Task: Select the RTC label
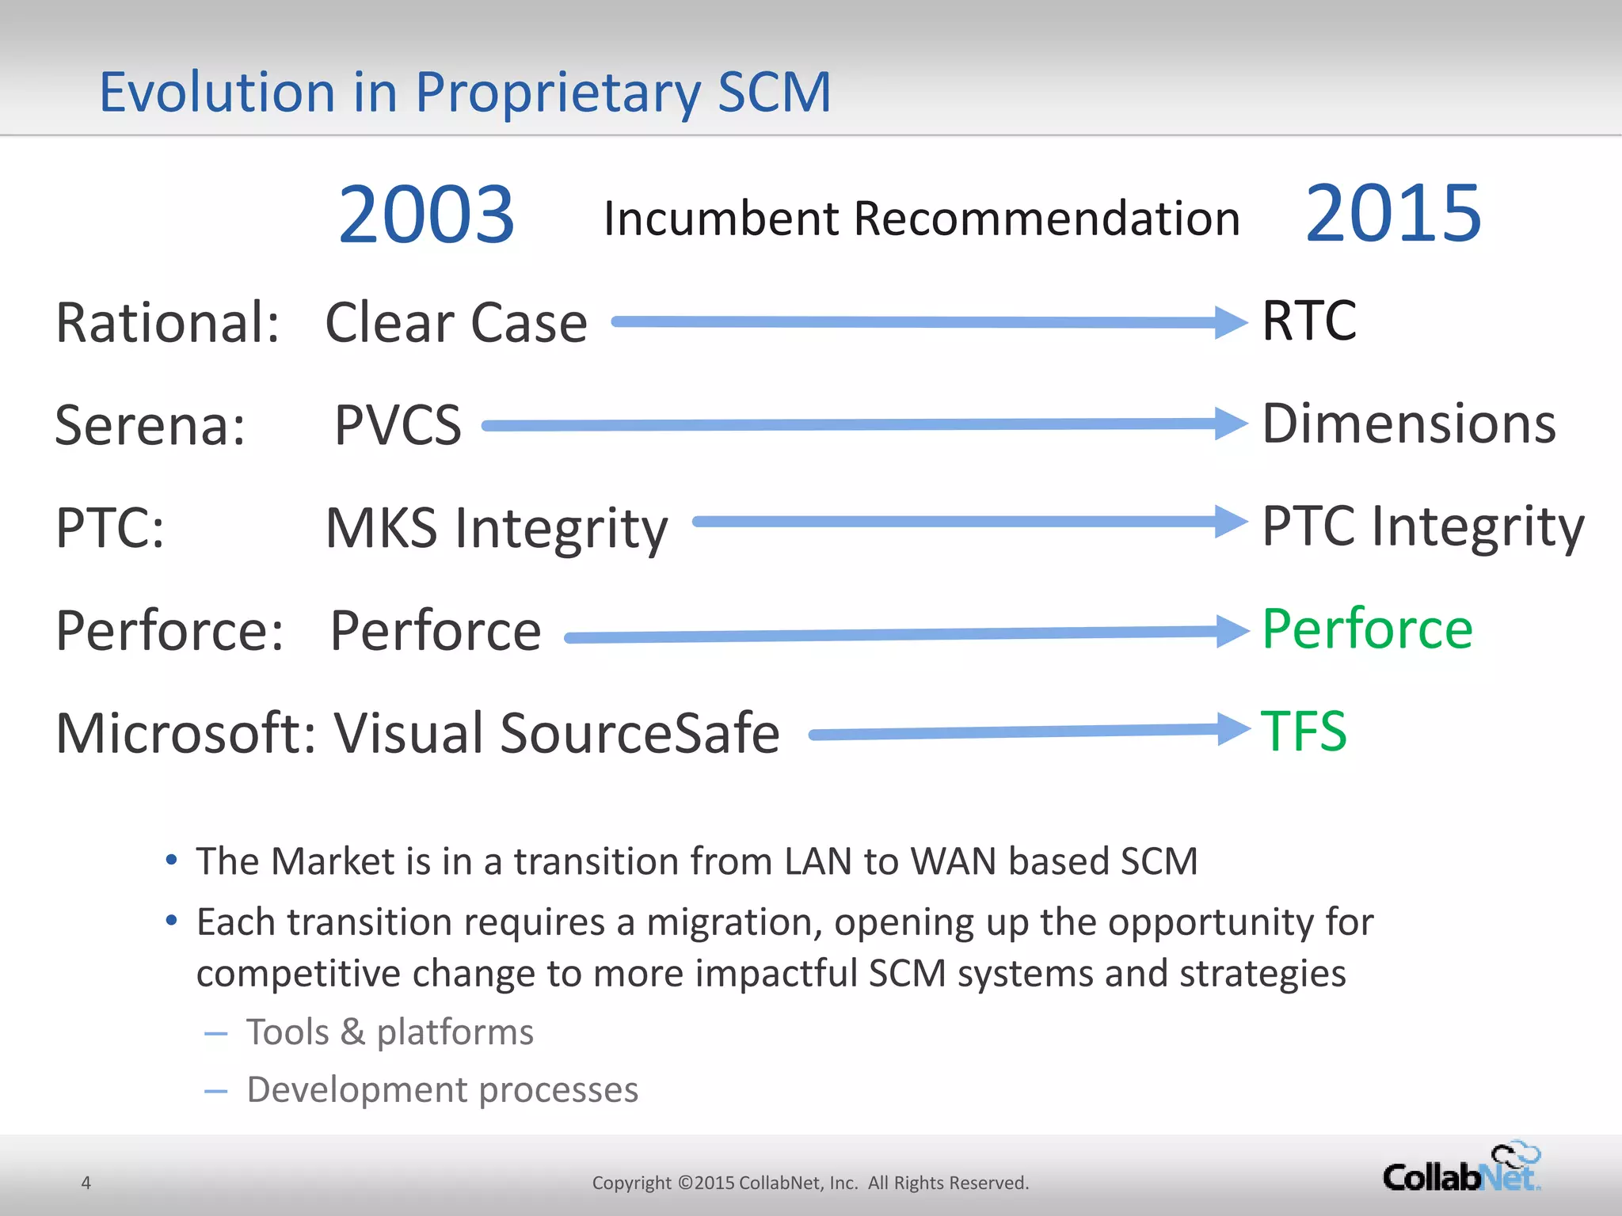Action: pyautogui.click(x=1308, y=321)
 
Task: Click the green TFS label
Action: pyautogui.click(x=1304, y=731)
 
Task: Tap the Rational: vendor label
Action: pyautogui.click(x=167, y=323)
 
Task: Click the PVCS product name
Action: pyautogui.click(x=398, y=426)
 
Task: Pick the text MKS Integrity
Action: pyautogui.click(x=497, y=529)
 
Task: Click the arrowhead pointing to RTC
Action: pyautogui.click(x=1232, y=322)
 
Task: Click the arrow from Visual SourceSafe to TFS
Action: pyautogui.click(x=1022, y=732)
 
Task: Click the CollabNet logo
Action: pyautogui.click(x=1462, y=1168)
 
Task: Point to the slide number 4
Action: pyautogui.click(x=86, y=1183)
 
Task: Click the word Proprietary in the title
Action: pyautogui.click(x=558, y=93)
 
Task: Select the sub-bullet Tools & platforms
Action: pyautogui.click(x=390, y=1032)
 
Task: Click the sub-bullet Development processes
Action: pyautogui.click(x=442, y=1090)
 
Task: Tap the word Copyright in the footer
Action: pyautogui.click(x=631, y=1183)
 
